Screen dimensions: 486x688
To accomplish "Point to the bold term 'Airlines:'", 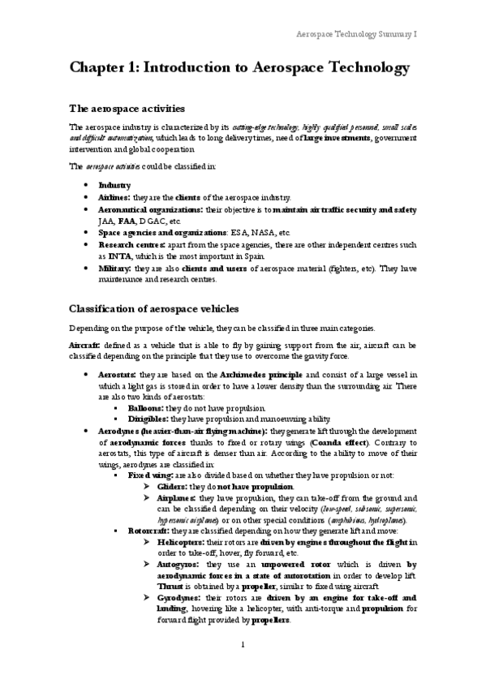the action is coord(116,197).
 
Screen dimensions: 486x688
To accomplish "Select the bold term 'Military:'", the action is coord(116,267).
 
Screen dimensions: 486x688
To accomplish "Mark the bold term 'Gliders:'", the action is coord(175,486).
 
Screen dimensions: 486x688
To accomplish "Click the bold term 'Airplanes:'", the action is coord(178,497).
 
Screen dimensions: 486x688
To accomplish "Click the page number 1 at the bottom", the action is coord(243,667).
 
